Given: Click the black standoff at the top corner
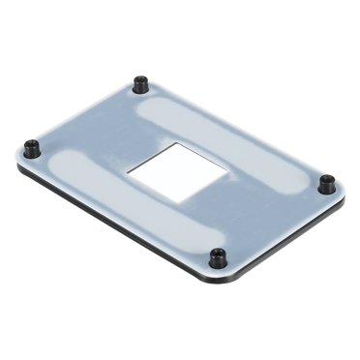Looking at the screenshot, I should [141, 84].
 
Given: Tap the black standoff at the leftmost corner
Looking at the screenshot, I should [32, 148].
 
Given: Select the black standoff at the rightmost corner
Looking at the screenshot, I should [326, 183].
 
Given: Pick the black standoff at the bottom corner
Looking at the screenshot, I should [219, 258].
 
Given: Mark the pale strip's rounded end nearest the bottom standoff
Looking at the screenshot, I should [198, 237].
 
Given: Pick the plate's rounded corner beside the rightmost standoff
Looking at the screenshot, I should [341, 194].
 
